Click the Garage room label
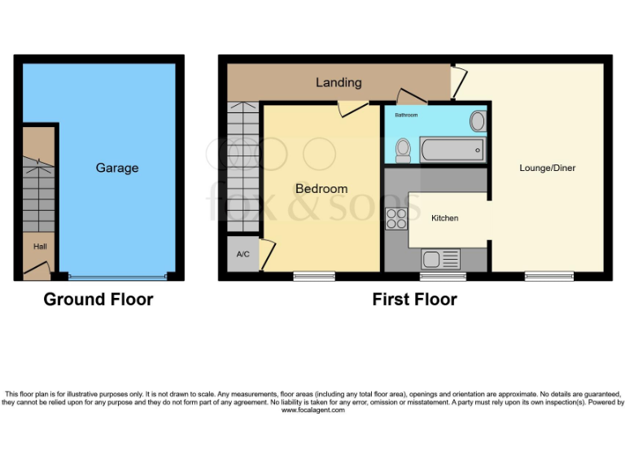[117, 168]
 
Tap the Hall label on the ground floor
[39, 246]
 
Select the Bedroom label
[321, 189]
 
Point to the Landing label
[339, 82]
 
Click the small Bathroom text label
[406, 116]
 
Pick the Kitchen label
[445, 218]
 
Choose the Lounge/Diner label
[548, 169]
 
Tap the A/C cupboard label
[243, 255]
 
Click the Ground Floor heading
[98, 300]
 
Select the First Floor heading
[414, 300]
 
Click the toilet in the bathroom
[403, 148]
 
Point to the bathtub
[452, 150]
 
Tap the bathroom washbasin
[478, 122]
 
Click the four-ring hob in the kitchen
[396, 218]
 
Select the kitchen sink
[440, 260]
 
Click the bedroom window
[314, 276]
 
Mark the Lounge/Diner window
[549, 276]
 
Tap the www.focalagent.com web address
[313, 410]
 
